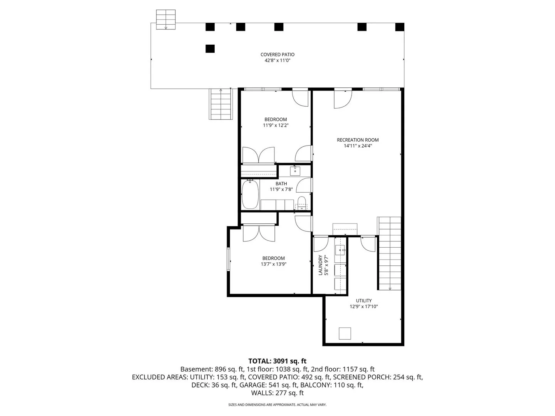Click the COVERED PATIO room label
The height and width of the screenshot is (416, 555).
[277, 55]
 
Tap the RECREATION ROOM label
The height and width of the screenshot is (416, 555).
[358, 140]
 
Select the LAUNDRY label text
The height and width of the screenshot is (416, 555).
[320, 265]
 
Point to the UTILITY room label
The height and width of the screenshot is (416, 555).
[363, 300]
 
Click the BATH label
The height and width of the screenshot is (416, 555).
[281, 184]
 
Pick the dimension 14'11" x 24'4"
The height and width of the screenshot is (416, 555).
[358, 146]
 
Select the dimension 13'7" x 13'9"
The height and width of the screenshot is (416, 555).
[274, 264]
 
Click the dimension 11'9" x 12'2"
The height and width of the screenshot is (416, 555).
[276, 125]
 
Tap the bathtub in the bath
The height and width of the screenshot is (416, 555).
[250, 194]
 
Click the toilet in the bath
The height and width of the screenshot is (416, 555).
[301, 203]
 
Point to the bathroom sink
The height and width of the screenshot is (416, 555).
[295, 171]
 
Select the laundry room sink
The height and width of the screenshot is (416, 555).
[340, 250]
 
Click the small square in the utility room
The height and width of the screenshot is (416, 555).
[345, 334]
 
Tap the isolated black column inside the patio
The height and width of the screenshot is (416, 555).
[210, 49]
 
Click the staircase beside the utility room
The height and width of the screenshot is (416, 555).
[389, 253]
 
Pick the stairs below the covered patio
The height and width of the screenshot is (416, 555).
[221, 104]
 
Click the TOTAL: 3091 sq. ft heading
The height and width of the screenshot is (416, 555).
[277, 361]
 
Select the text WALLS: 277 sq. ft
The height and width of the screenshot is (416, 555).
[277, 393]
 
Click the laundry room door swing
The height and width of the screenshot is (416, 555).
[321, 244]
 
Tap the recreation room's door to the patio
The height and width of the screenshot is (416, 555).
[343, 99]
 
